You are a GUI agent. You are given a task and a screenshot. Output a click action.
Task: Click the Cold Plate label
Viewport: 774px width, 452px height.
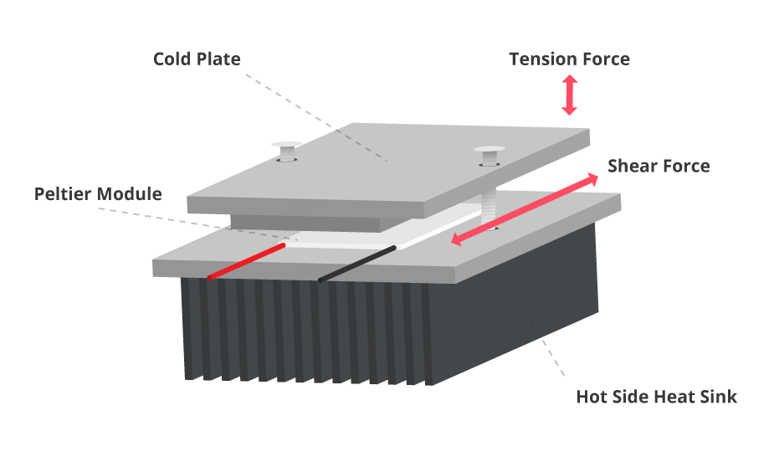pyautogui.click(x=197, y=59)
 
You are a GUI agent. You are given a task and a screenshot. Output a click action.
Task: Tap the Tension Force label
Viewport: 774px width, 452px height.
pyautogui.click(x=569, y=59)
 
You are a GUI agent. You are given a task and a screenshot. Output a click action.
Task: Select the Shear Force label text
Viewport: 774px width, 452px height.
pyautogui.click(x=658, y=166)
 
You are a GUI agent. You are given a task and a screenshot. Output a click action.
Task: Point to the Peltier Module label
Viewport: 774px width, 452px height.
pyautogui.click(x=98, y=194)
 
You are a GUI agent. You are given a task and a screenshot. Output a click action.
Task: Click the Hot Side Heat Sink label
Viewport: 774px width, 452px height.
pyautogui.click(x=656, y=396)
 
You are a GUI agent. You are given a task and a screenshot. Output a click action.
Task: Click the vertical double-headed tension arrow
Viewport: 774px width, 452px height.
pyautogui.click(x=569, y=95)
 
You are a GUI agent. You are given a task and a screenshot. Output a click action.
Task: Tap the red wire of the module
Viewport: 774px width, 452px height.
pyautogui.click(x=247, y=261)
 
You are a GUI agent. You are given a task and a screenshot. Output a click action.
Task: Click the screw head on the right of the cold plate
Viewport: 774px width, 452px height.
pyautogui.click(x=490, y=152)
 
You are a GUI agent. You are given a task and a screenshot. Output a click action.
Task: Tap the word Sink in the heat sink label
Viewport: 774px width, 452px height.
pyautogui.click(x=718, y=396)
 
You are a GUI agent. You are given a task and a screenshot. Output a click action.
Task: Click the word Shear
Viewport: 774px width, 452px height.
pyautogui.click(x=632, y=166)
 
